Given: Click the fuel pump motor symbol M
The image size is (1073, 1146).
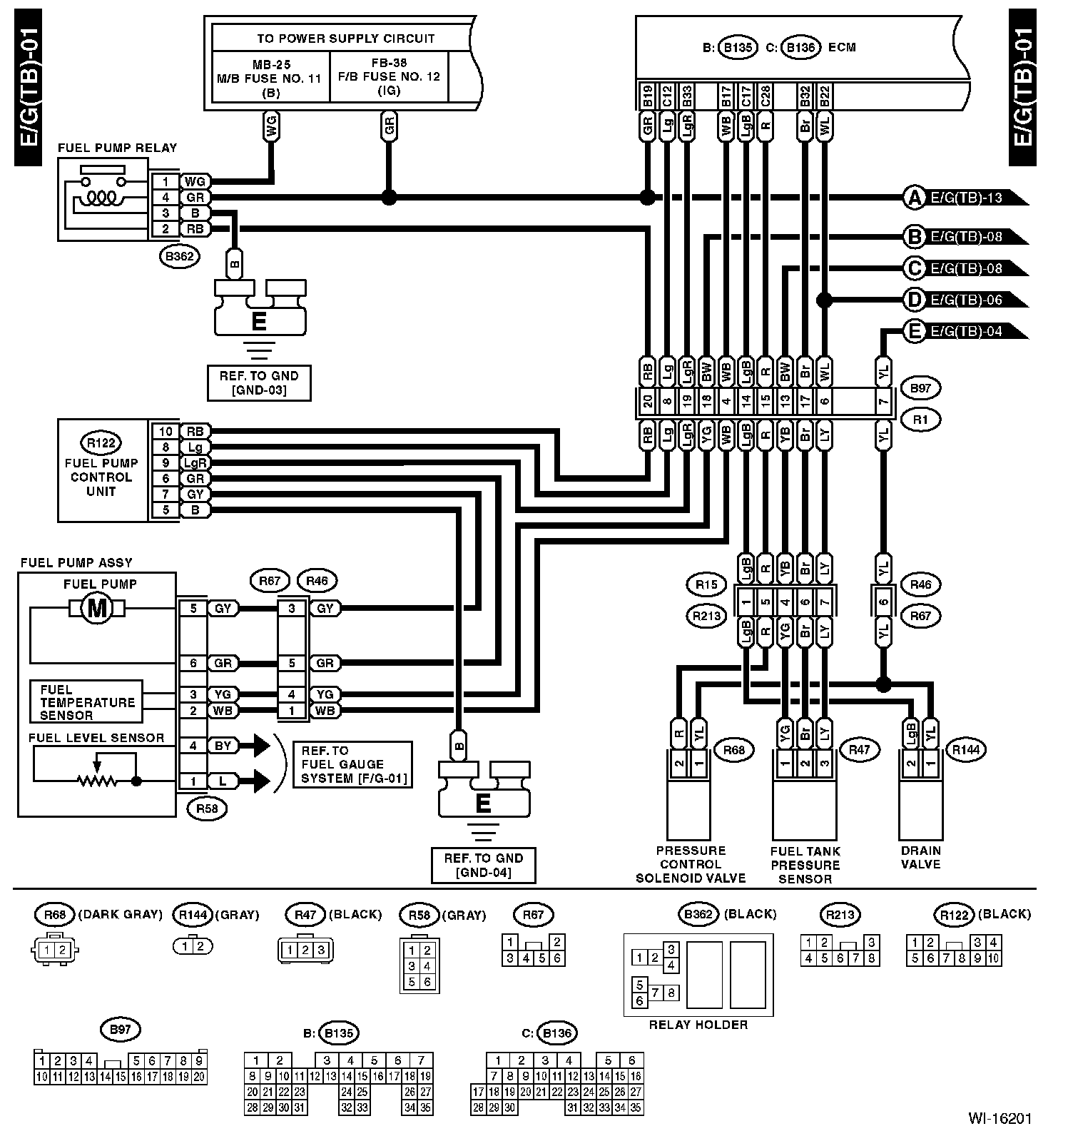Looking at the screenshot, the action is pos(96,608).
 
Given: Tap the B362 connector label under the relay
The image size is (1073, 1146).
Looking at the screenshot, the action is pos(179,257).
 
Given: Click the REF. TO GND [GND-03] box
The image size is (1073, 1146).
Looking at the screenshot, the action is pos(259,383).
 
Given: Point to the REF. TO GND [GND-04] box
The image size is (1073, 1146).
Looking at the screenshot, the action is pos(483,865).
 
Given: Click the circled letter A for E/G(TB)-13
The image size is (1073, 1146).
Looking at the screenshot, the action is pos(915,198).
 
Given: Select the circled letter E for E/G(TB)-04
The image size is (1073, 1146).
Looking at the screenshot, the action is pos(915,331).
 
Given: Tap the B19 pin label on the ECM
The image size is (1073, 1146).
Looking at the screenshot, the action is pos(647,96).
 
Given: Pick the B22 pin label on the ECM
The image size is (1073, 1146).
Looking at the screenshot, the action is pos(824,96).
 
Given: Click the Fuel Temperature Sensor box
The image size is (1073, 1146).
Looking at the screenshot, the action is pos(86,702).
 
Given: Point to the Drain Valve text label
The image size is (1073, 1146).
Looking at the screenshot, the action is pos(920,858).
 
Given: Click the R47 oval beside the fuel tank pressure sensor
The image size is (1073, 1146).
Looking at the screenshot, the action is pos(859,749).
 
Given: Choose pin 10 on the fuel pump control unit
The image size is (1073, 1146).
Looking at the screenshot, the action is pos(166,431).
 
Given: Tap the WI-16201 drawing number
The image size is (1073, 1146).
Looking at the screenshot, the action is pos(1000,1119).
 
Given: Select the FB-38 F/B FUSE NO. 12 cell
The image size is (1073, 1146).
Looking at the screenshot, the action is pos(389,76).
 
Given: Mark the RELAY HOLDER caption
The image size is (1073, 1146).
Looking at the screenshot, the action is pos(698,1025).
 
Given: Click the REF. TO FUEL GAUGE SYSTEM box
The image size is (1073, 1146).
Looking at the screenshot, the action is pos(352,764).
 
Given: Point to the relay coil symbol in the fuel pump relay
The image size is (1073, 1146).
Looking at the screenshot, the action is pos(98,198).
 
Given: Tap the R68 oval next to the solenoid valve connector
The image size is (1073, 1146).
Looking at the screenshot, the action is pos(733,749).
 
